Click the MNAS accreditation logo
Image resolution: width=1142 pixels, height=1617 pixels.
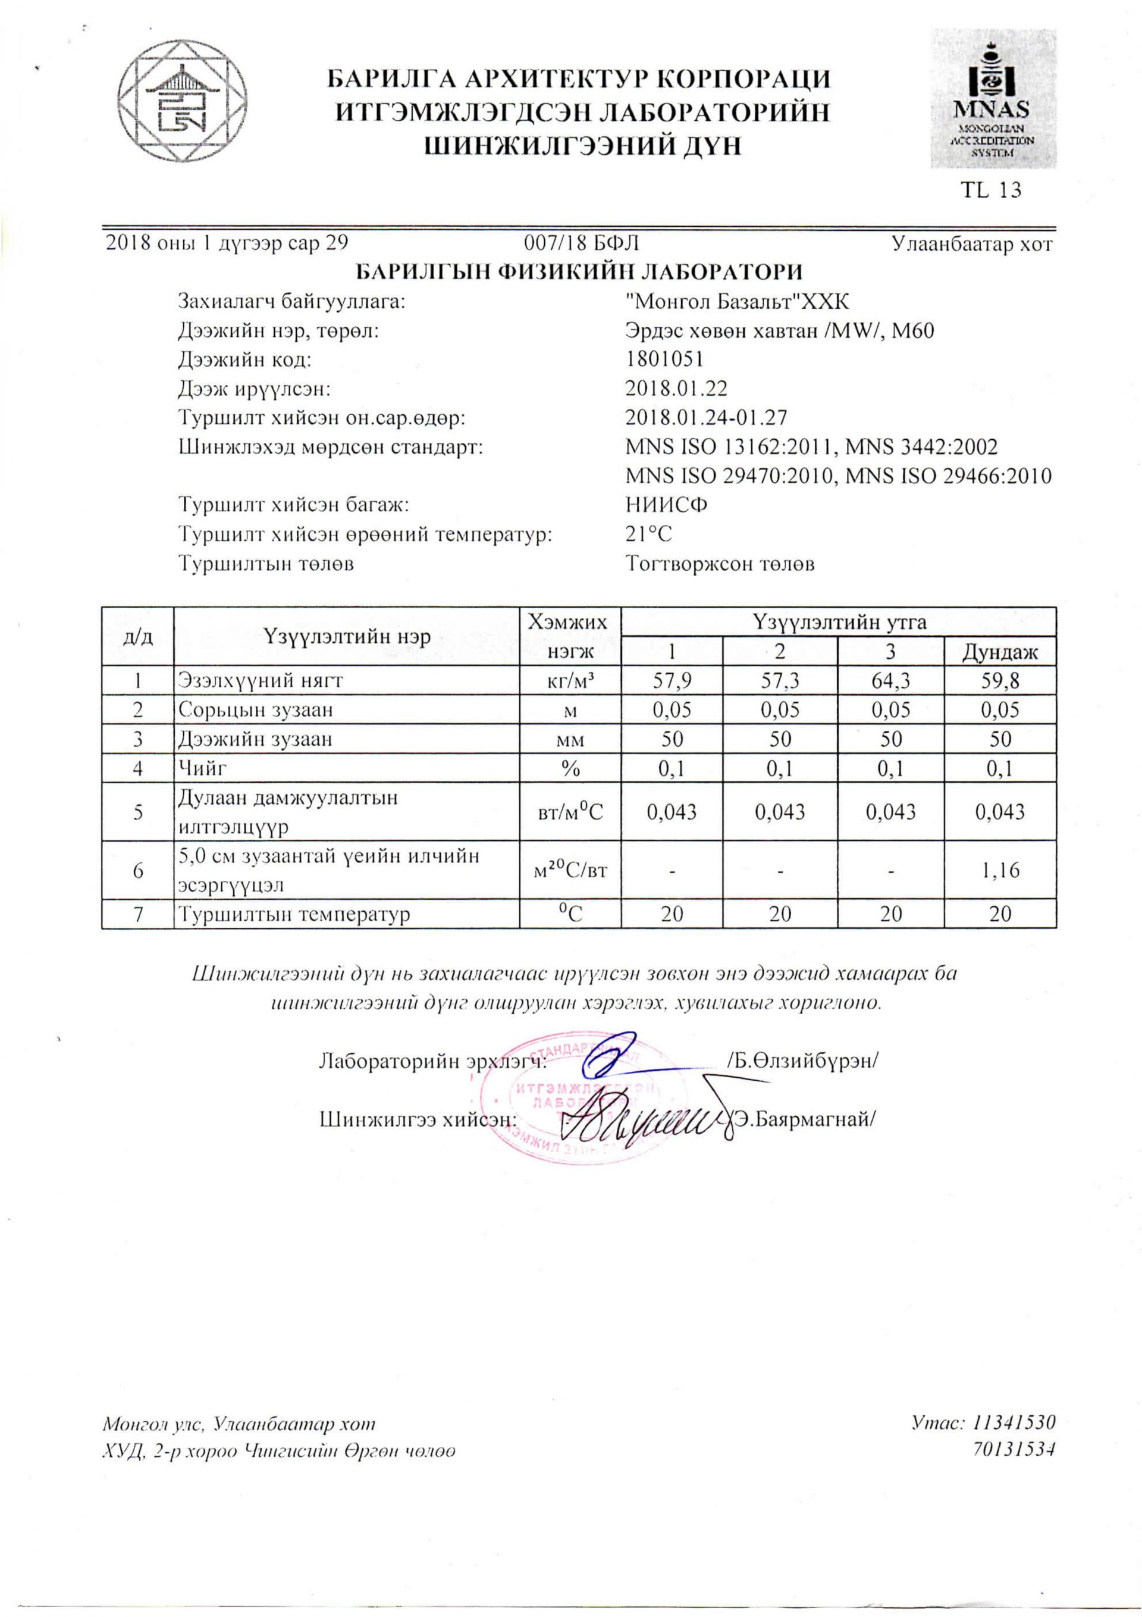993,99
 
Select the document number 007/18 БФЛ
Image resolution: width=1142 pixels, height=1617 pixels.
582,243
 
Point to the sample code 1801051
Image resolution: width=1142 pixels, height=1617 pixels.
664,359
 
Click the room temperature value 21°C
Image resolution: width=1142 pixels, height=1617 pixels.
648,534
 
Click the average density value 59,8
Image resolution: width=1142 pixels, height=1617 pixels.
1000,680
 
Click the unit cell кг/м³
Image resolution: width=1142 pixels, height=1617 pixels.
570,680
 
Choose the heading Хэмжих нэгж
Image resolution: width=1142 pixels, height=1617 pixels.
570,637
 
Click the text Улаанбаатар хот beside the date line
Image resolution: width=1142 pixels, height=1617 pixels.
972,243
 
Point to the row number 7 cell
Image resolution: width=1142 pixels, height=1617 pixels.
138,914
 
